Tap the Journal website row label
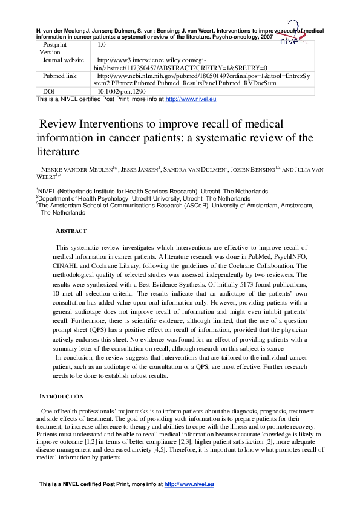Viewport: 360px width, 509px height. pos(64,60)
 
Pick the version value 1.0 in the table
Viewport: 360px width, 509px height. pos(102,44)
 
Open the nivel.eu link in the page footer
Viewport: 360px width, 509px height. pos(189,484)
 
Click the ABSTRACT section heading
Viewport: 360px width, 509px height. pos(71,231)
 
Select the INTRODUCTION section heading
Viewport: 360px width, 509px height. pos(62,396)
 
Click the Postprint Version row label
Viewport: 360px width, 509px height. pos(54,48)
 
